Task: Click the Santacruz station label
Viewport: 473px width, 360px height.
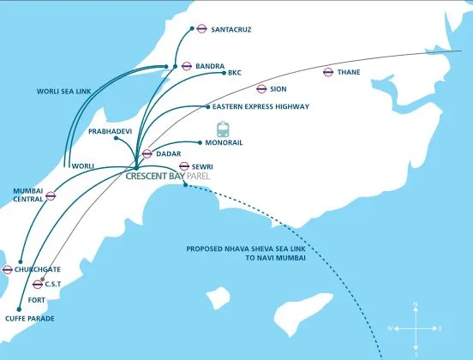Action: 231,30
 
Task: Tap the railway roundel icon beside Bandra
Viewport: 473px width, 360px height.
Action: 187,66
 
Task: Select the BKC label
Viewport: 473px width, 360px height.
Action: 235,73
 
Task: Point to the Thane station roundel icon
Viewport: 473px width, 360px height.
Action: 328,72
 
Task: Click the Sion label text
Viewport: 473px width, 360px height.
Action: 278,89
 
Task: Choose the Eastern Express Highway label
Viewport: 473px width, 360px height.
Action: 261,106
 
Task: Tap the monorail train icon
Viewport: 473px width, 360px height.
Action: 223,129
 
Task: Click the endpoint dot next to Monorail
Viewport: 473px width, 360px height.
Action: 200,142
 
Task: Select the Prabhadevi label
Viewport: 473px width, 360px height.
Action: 110,131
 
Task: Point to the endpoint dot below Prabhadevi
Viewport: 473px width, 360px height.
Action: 116,138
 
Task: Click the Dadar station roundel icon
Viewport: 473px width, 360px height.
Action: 147,153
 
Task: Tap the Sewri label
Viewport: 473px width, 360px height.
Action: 202,166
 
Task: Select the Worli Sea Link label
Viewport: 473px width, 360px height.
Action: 63,92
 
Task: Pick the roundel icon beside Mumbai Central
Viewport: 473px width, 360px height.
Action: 51,195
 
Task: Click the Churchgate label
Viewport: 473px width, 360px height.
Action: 38,269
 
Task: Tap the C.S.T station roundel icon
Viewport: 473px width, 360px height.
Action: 38,285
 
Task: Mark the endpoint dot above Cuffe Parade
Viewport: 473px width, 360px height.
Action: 19,309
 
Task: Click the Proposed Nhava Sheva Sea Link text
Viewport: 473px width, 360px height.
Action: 246,249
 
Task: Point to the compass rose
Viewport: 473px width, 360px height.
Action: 416,329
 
